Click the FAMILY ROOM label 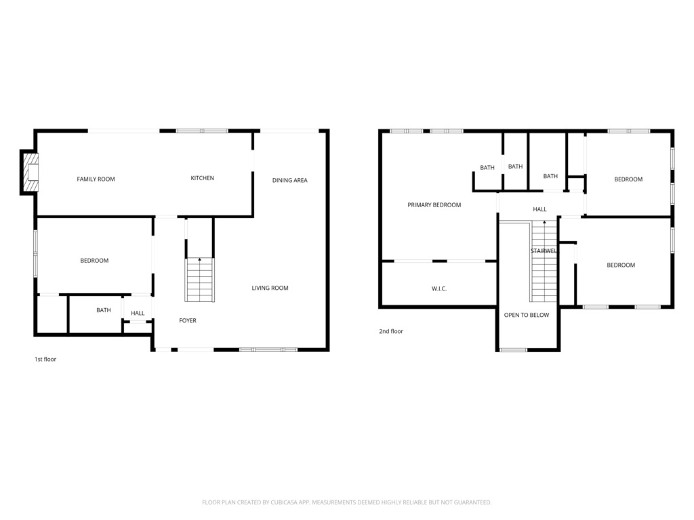pos(96,179)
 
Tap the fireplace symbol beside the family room pos(30,173)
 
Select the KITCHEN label pos(202,178)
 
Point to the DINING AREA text pos(290,180)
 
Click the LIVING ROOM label pos(270,288)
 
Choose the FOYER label pos(188,320)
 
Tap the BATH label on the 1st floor pos(104,310)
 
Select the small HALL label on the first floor pos(138,313)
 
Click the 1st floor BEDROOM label pos(94,261)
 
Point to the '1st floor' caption pos(45,359)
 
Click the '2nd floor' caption pos(391,331)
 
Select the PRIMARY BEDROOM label pos(434,204)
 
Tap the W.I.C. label pos(439,288)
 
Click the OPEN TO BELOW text pos(527,315)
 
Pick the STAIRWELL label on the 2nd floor pos(544,251)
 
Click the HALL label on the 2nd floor pos(539,209)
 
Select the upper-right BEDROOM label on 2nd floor pos(628,179)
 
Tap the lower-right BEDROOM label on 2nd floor pos(621,265)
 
